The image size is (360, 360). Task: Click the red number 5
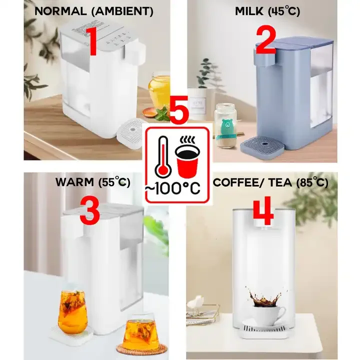pyautogui.click(x=179, y=110)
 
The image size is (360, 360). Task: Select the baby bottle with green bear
pyautogui.click(x=225, y=125)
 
